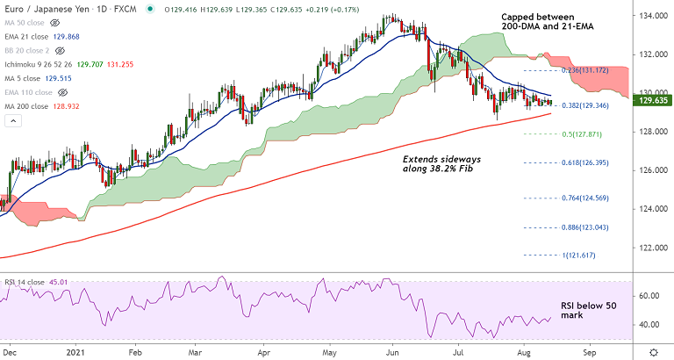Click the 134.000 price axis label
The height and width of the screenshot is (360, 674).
click(650, 16)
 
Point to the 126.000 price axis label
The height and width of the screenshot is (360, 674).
click(650, 170)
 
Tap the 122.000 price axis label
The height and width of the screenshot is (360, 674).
click(650, 248)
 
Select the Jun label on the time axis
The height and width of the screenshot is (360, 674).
click(394, 349)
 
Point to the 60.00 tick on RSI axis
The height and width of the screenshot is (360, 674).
click(649, 296)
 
